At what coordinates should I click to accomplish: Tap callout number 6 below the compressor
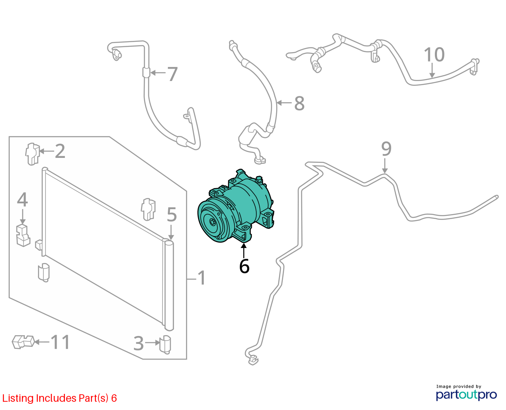coord(244,266)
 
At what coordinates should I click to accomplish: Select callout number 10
coord(434,55)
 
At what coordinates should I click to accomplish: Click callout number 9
coord(386,149)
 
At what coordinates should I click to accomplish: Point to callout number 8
coord(299,103)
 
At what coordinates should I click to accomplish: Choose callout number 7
coord(172,74)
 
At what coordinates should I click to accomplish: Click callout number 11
coord(60,342)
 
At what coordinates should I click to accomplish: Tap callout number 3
coord(139,343)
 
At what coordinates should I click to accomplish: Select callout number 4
coord(22,200)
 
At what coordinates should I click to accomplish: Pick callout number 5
coord(172,215)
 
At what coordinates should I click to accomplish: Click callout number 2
coord(60,151)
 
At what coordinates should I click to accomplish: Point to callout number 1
coord(202,278)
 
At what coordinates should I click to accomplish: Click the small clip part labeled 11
coord(23,342)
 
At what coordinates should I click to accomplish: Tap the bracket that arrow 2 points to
coord(32,154)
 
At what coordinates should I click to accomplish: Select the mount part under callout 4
coord(23,236)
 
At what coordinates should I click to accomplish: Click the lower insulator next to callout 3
coord(165,344)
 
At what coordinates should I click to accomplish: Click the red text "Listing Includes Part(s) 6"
coord(60,398)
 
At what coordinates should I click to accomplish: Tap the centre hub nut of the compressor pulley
coord(212,222)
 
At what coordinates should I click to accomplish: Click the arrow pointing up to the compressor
coord(243,250)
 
